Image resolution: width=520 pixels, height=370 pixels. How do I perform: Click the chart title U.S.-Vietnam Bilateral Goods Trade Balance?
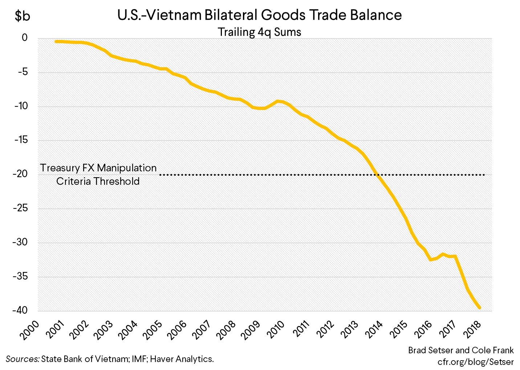(x=259, y=15)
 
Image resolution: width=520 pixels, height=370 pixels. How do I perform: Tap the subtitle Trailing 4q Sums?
(x=259, y=32)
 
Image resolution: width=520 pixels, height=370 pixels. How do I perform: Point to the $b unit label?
(x=22, y=16)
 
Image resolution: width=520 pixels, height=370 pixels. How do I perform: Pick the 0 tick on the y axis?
(x=25, y=38)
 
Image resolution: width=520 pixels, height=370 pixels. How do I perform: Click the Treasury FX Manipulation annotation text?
(x=98, y=168)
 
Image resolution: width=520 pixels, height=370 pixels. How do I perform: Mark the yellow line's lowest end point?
(x=480, y=308)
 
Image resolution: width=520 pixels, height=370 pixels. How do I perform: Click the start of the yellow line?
(x=56, y=41)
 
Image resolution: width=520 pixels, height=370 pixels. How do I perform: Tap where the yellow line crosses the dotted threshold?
(x=378, y=175)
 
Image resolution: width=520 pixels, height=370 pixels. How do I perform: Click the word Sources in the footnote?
(x=22, y=359)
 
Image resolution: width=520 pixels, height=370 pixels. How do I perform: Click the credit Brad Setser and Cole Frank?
(x=461, y=350)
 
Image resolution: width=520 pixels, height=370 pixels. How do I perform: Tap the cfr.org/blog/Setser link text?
(x=475, y=362)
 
